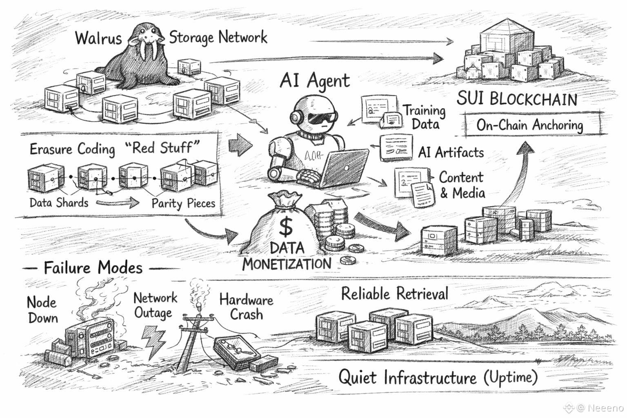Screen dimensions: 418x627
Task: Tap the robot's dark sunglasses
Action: pos(322,118)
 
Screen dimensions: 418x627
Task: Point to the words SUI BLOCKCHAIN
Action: pos(517,99)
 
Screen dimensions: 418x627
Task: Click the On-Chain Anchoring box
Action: pos(530,125)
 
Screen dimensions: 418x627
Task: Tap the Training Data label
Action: pos(425,117)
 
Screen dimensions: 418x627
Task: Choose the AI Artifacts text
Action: pos(451,152)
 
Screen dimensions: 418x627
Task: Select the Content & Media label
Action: pos(461,185)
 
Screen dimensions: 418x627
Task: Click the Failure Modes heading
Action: pos(93,268)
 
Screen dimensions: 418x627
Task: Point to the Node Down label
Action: pos(42,310)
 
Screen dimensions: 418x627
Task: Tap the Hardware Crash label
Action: pos(246,307)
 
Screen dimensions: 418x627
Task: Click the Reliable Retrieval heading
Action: pos(394,293)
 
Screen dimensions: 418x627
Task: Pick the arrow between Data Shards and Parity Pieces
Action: pos(118,202)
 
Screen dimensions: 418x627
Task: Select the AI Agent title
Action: pos(314,80)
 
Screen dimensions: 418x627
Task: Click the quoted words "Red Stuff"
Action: pos(163,148)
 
